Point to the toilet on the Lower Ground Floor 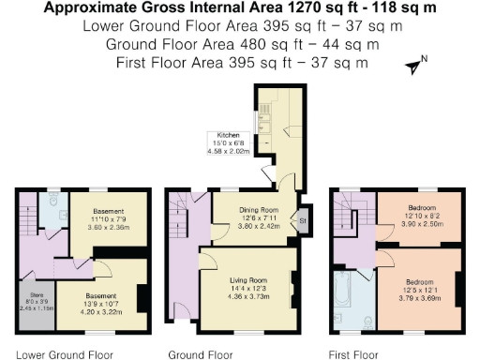click(x=53, y=202)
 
